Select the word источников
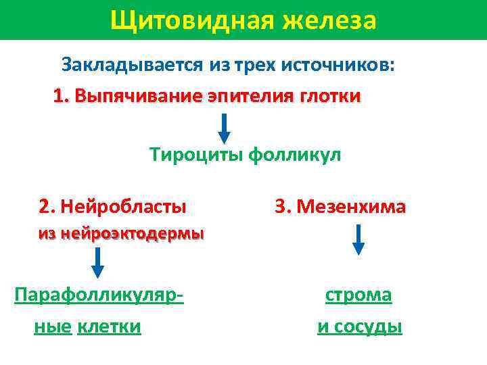(349, 65)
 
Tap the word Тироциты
(197, 155)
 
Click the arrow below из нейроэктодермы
(97, 263)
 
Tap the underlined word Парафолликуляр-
(101, 295)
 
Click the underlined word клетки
(110, 327)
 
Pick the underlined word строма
(358, 295)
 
